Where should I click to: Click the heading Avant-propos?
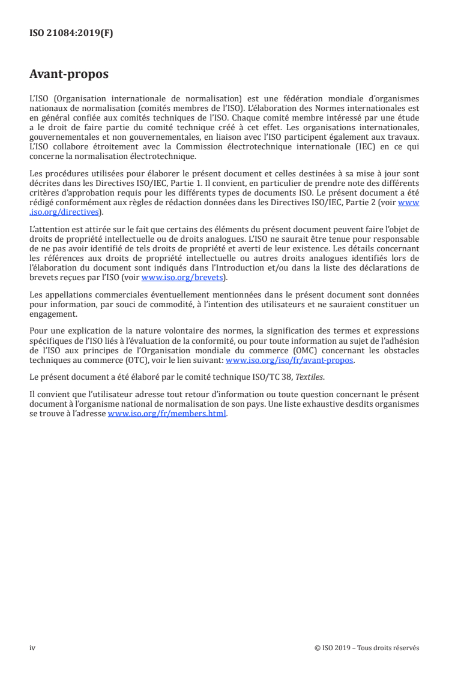pyautogui.click(x=69, y=75)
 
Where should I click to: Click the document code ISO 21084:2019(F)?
pyautogui.click(x=71, y=34)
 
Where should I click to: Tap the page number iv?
pyautogui.click(x=32, y=648)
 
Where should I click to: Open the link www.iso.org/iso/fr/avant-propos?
pyautogui.click(x=289, y=360)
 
